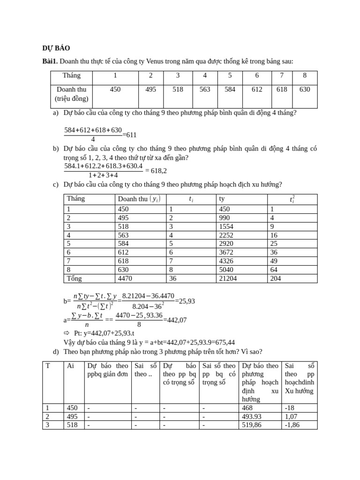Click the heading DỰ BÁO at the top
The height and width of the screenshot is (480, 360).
click(x=56, y=48)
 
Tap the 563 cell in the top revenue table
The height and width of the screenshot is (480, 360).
click(x=205, y=89)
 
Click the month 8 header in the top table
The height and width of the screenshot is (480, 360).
click(x=305, y=75)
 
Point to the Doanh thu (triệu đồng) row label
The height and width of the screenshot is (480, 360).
click(x=71, y=94)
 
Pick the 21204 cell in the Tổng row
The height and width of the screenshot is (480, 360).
click(x=228, y=278)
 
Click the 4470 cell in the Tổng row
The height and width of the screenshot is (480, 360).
click(x=126, y=278)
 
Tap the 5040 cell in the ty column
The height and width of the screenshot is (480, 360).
click(x=226, y=270)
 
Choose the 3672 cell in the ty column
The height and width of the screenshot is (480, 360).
click(x=226, y=252)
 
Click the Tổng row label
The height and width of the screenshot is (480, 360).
click(x=74, y=278)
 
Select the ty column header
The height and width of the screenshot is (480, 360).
click(x=222, y=199)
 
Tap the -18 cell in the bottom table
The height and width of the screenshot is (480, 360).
click(x=290, y=408)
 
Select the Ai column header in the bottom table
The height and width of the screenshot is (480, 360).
click(x=70, y=366)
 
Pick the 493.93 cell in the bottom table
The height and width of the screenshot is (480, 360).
click(x=252, y=417)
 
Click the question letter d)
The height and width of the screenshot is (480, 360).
click(x=56, y=352)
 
